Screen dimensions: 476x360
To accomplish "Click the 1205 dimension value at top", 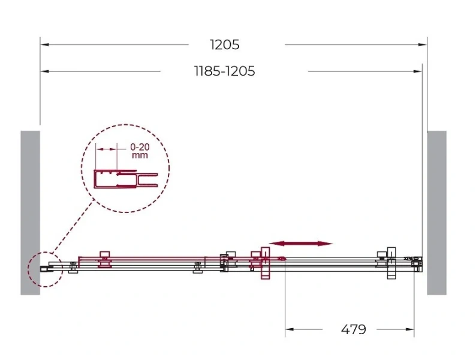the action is [x=225, y=44].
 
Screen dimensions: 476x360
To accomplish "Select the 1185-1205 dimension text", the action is [x=225, y=71].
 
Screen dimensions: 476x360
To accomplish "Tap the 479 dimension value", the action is [x=353, y=329].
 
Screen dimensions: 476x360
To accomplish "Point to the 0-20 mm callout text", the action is [x=140, y=151].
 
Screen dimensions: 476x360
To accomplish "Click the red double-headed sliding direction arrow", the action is [x=301, y=244].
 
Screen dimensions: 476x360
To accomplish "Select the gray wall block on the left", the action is [x=30, y=212].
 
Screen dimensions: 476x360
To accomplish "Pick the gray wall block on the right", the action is [x=436, y=212].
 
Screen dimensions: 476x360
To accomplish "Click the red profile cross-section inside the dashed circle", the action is [x=125, y=179].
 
